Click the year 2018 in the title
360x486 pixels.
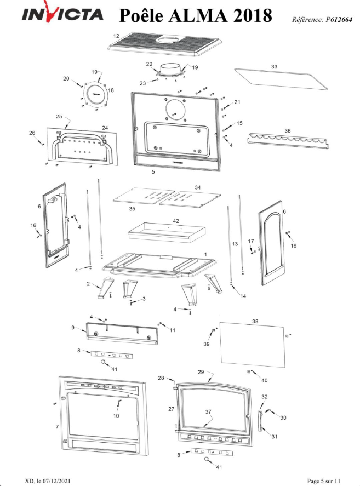coord(253,16)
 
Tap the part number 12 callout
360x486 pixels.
coord(116,36)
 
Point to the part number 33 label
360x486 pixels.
coord(274,66)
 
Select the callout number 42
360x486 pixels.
coord(176,220)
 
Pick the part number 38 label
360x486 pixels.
coord(254,321)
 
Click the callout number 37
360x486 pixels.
coord(208,411)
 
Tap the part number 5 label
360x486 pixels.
coord(153,172)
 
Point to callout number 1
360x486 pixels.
coord(205,254)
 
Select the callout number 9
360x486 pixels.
coord(72,327)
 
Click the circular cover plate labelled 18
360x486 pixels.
coord(97,94)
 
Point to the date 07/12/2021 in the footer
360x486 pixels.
coord(54,481)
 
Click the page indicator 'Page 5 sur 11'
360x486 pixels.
coord(327,481)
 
